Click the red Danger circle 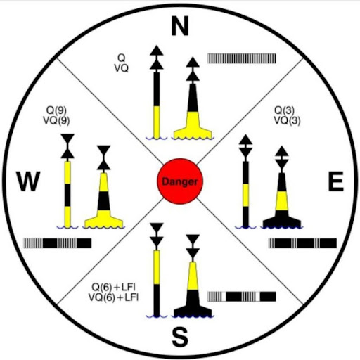coord(180,181)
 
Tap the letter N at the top coord(180,26)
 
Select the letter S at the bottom coord(180,337)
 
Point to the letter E coord(335,181)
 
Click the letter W coord(28,181)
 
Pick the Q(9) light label coord(56,110)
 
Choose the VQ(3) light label coord(287,121)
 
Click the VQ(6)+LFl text coord(114,297)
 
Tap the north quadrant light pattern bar coord(242,58)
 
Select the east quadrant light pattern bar coord(302,243)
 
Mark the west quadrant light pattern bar coord(58,243)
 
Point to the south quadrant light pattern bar coord(242,297)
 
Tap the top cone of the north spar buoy coord(157,51)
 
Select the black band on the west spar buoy coord(67,195)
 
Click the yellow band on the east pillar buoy coord(281,201)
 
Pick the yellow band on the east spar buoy coord(245,195)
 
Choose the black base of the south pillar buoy coord(193,304)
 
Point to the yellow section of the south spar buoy coord(157,267)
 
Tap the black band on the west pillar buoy coord(103,201)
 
